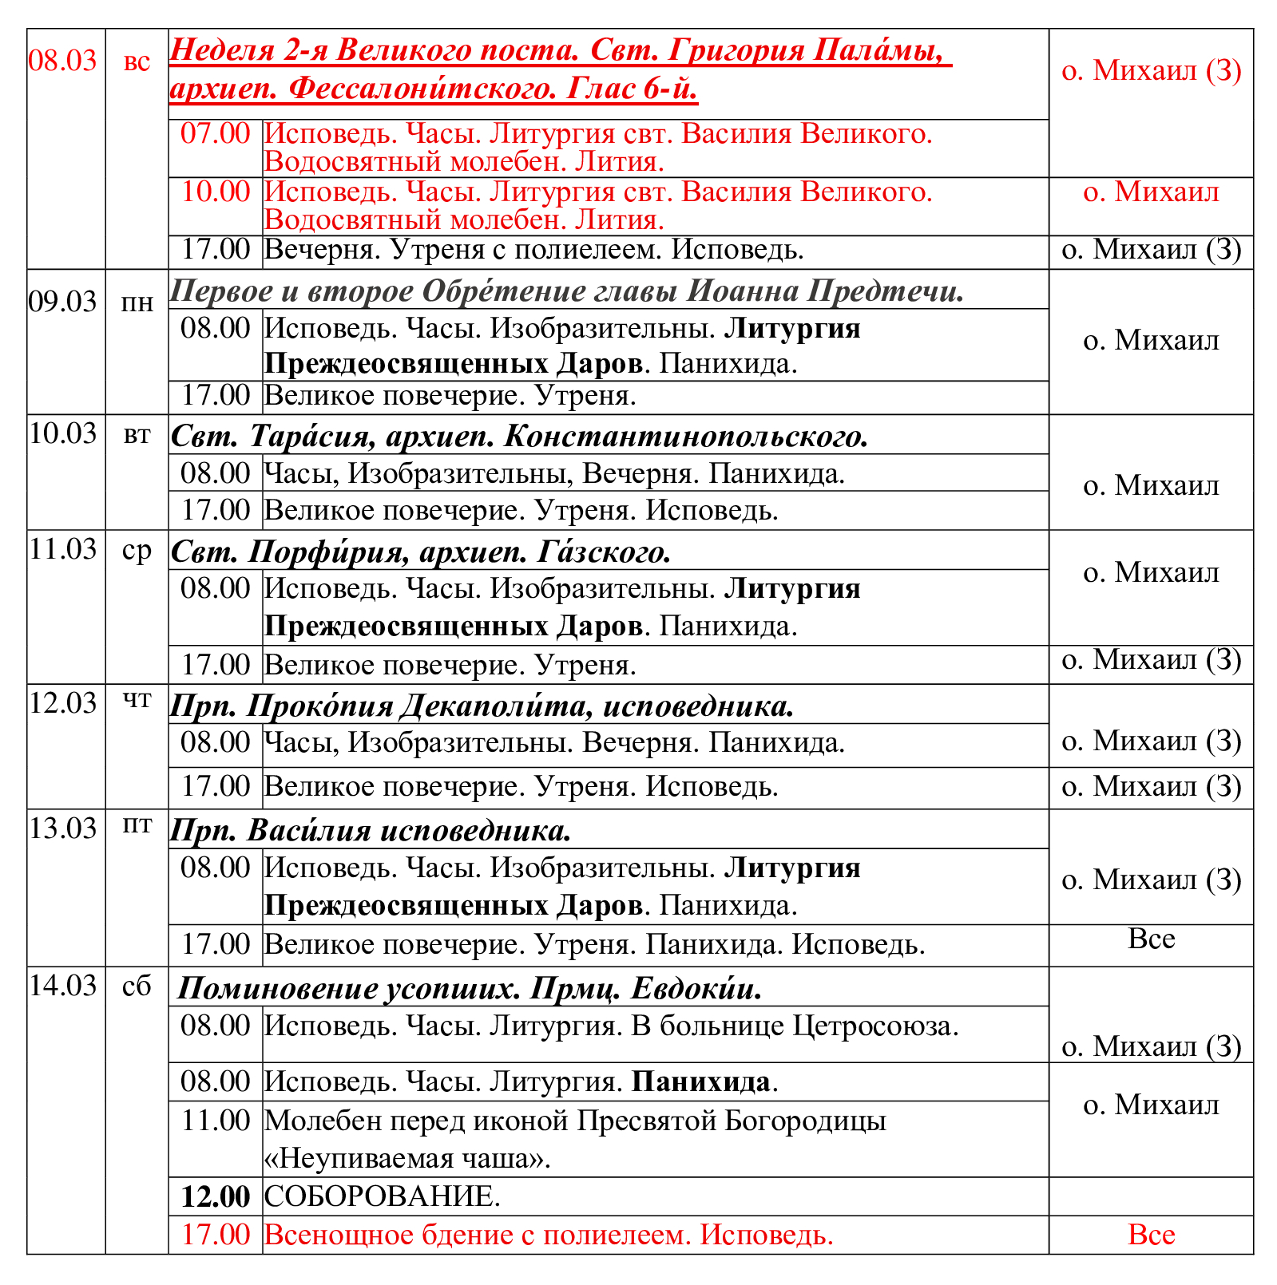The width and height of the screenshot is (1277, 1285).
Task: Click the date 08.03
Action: (63, 61)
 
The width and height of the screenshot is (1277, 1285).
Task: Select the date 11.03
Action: (63, 549)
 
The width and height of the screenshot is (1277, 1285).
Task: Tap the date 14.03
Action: (63, 986)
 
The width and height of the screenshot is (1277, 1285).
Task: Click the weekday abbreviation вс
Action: (137, 61)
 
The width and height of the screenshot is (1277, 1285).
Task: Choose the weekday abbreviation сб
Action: (137, 986)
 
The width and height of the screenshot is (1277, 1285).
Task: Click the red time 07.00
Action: (216, 133)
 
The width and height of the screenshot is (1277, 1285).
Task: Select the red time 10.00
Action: (216, 192)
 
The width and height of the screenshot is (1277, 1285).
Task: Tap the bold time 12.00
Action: (216, 1196)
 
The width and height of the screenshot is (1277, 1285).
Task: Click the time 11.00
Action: (216, 1121)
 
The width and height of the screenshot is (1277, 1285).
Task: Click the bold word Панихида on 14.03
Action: (701, 1082)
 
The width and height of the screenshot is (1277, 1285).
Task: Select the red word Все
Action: (1151, 1235)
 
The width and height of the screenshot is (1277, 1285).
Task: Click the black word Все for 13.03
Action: (1151, 939)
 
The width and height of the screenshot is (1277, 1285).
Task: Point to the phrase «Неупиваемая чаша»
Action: (407, 1158)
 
